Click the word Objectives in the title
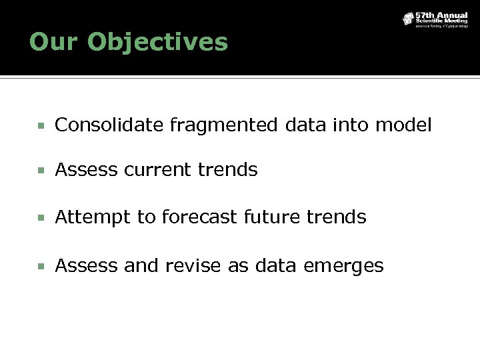157,43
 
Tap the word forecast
200,217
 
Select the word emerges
343,266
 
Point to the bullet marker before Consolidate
41,125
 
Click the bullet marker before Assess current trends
41,171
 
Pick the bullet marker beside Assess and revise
41,267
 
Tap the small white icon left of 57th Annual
407,19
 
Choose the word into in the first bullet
351,125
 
